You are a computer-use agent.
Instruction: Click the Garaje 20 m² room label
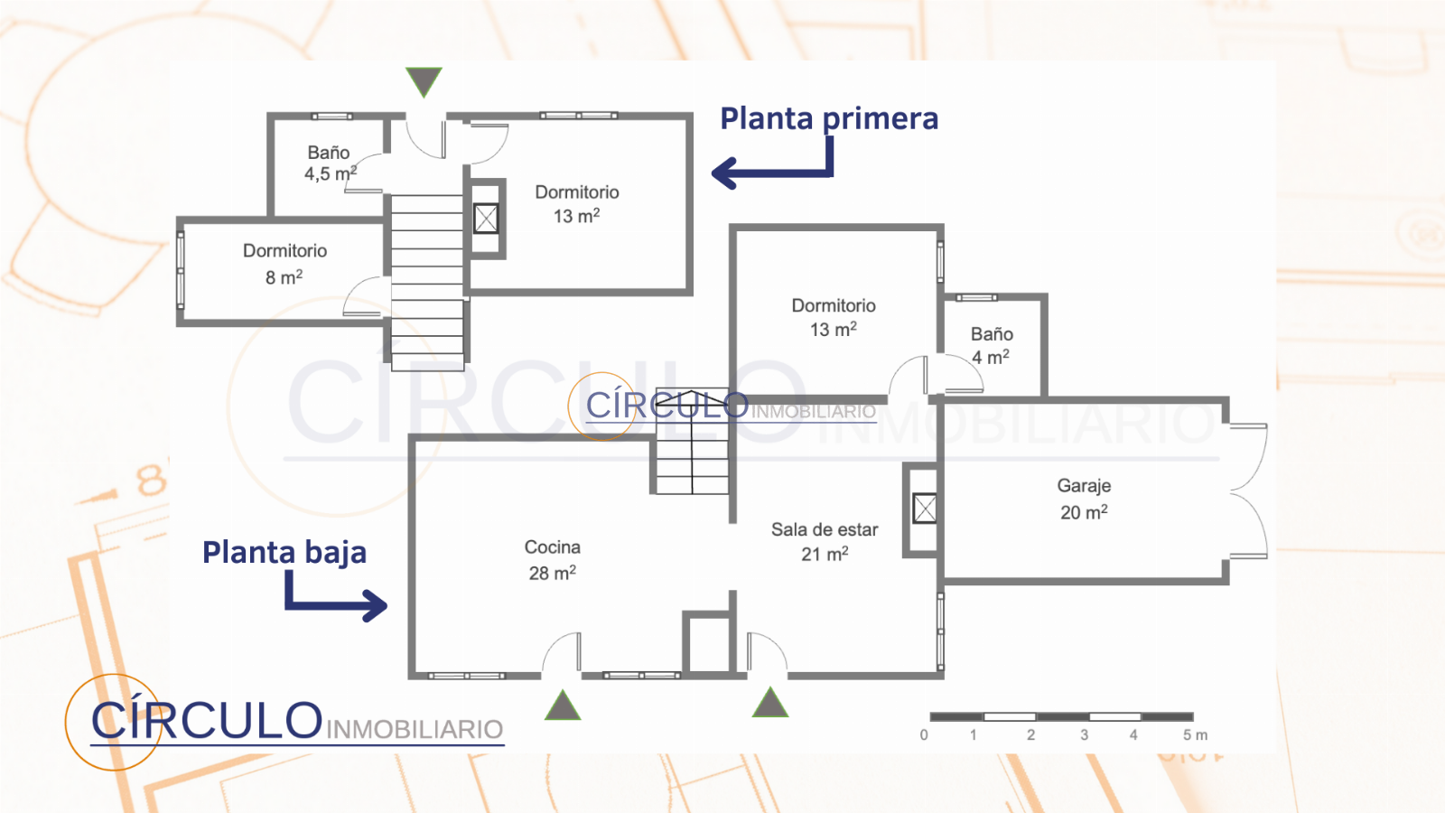(x=1084, y=499)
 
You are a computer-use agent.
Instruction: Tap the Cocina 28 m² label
(x=552, y=560)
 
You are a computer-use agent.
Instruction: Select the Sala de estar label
(x=824, y=530)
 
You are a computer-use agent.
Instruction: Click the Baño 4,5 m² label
(x=330, y=164)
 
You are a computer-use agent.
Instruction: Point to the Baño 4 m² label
(x=991, y=345)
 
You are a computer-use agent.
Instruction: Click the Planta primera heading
(x=828, y=118)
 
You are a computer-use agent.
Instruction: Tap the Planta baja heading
(x=284, y=552)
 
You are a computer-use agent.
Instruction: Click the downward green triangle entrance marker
(x=424, y=80)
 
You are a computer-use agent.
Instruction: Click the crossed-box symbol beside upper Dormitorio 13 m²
(x=486, y=218)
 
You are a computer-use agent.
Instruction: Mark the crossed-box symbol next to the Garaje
(x=924, y=509)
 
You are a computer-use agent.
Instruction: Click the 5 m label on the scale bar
(x=1194, y=735)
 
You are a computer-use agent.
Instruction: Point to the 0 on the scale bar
(x=924, y=735)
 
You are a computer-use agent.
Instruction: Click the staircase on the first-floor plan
(x=427, y=280)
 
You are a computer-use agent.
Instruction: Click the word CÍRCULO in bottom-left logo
(x=206, y=721)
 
